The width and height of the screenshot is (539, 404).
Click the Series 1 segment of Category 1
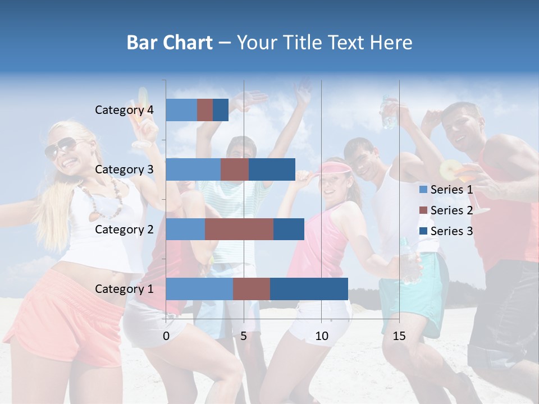click(x=199, y=288)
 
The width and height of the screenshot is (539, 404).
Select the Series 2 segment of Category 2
click(x=239, y=229)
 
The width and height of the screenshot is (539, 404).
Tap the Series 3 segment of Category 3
click(x=272, y=169)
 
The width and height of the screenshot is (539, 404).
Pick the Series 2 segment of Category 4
click(x=205, y=110)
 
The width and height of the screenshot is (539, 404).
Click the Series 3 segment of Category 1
click(x=309, y=288)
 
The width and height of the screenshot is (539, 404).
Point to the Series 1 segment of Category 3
click(x=193, y=169)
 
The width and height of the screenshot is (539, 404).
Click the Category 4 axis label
click(x=124, y=110)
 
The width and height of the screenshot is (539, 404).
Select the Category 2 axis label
click(x=124, y=229)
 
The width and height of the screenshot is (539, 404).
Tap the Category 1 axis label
click(x=124, y=289)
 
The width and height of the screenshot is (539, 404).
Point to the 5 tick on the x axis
click(x=244, y=336)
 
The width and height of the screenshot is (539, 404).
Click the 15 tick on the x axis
click(x=399, y=336)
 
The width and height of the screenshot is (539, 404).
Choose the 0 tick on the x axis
click(x=166, y=336)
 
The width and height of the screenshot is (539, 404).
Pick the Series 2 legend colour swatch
click(x=423, y=210)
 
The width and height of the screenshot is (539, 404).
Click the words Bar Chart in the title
click(x=170, y=43)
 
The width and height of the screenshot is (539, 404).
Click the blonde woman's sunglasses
click(x=60, y=147)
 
